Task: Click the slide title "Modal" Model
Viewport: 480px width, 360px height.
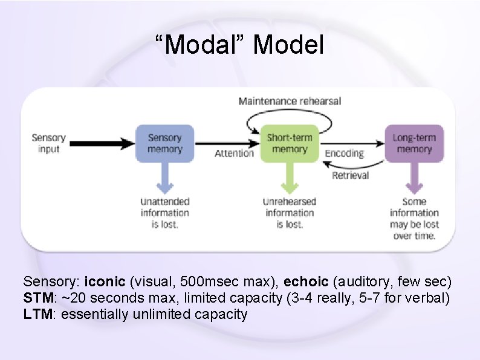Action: tap(239, 45)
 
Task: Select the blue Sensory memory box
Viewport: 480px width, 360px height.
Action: tap(165, 143)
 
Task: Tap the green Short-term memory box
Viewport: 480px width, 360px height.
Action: tap(290, 143)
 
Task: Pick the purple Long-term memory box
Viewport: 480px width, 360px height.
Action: tap(414, 143)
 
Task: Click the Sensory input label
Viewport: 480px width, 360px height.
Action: tap(48, 143)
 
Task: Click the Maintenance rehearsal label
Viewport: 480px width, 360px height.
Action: tap(290, 101)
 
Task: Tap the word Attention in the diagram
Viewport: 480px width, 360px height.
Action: tap(235, 153)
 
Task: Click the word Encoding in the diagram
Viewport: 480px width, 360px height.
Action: tap(345, 153)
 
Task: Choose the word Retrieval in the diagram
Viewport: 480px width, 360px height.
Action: tap(350, 175)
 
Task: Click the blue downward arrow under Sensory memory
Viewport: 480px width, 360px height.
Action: tap(165, 178)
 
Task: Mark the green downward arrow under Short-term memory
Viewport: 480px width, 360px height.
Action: tap(290, 178)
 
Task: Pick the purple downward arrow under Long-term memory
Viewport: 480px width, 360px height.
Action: tap(414, 178)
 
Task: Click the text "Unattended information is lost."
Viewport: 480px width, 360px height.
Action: tap(165, 213)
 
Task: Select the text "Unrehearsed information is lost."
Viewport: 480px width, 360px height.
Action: tap(290, 213)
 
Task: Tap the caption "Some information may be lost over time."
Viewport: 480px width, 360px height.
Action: tap(414, 219)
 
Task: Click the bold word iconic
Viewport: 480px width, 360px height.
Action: tap(105, 282)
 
